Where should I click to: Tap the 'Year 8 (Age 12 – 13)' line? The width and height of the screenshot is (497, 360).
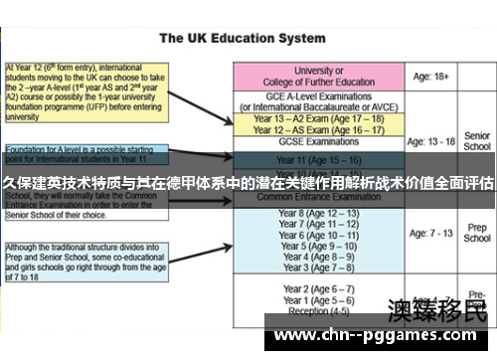pos(320,214)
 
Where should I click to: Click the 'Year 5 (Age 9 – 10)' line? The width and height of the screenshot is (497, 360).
pos(320,246)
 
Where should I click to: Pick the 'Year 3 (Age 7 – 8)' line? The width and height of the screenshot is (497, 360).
pos(320,268)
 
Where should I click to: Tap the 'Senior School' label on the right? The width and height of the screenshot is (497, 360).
pos(477,141)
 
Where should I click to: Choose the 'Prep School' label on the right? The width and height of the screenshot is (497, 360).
pos(477,234)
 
